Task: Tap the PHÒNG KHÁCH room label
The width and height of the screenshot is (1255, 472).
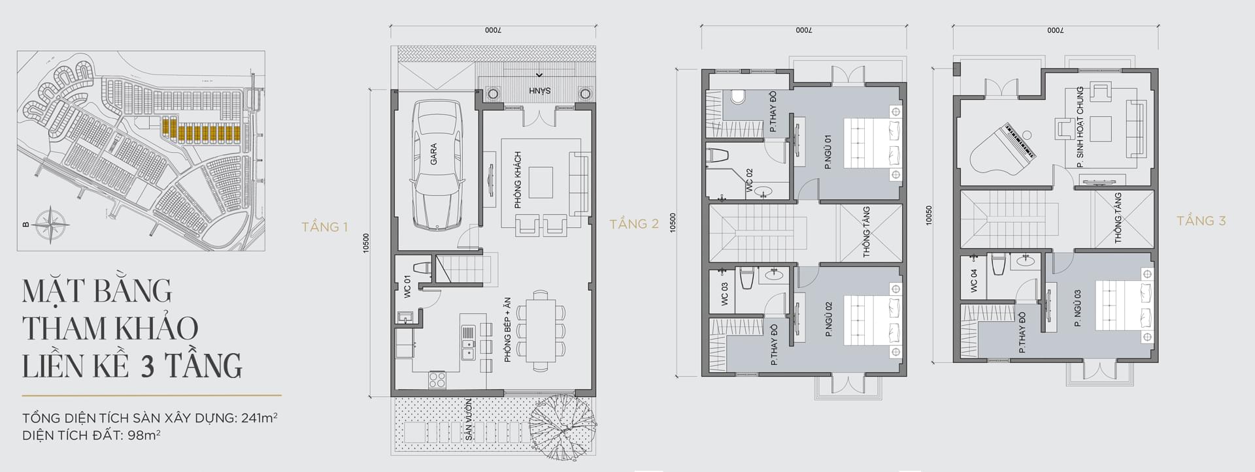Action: click(x=518, y=180)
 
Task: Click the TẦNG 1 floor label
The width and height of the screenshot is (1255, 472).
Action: click(x=324, y=227)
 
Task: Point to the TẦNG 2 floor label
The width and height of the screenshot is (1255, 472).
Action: click(x=634, y=224)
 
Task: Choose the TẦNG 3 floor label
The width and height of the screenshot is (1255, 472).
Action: click(x=1201, y=221)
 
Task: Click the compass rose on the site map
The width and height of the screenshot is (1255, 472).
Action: click(x=52, y=224)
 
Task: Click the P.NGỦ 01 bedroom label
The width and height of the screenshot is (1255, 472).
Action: click(x=828, y=153)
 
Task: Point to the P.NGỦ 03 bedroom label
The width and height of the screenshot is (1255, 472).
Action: click(x=1077, y=309)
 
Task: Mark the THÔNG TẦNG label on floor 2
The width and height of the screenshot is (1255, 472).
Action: click(x=867, y=232)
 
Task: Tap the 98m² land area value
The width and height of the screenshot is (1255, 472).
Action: click(x=143, y=434)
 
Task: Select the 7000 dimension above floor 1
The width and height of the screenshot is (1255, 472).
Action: click(x=493, y=31)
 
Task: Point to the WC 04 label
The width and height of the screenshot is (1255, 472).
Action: click(x=973, y=281)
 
